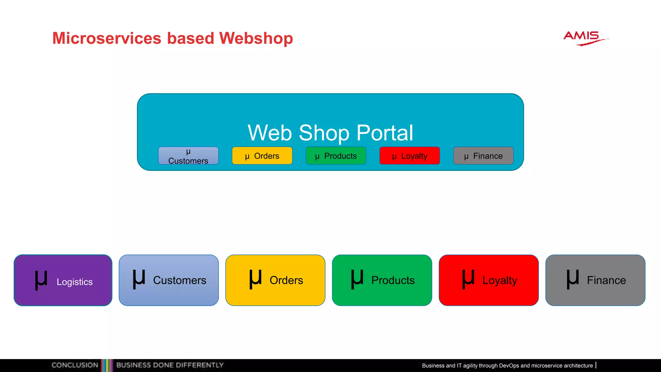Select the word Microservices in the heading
pyautogui.click(x=107, y=38)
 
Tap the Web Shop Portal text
pyautogui.click(x=330, y=133)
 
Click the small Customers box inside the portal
pyautogui.click(x=188, y=156)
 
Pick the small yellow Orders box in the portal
pyautogui.click(x=262, y=156)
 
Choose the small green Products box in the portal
pyautogui.click(x=336, y=156)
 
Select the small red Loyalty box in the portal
pyautogui.click(x=410, y=156)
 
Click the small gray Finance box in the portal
pyautogui.click(x=483, y=156)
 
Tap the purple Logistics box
pyautogui.click(x=63, y=280)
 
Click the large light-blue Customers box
pyautogui.click(x=168, y=280)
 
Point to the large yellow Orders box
pyautogui.click(x=275, y=280)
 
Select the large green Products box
pyautogui.click(x=382, y=280)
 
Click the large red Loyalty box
pyautogui.click(x=489, y=280)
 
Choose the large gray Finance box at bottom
pyautogui.click(x=595, y=280)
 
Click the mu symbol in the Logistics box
pyautogui.click(x=41, y=280)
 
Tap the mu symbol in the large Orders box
pyautogui.click(x=255, y=278)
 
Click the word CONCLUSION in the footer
pyautogui.click(x=75, y=365)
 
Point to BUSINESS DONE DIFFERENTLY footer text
pyautogui.click(x=170, y=365)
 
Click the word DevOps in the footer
pyautogui.click(x=509, y=366)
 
